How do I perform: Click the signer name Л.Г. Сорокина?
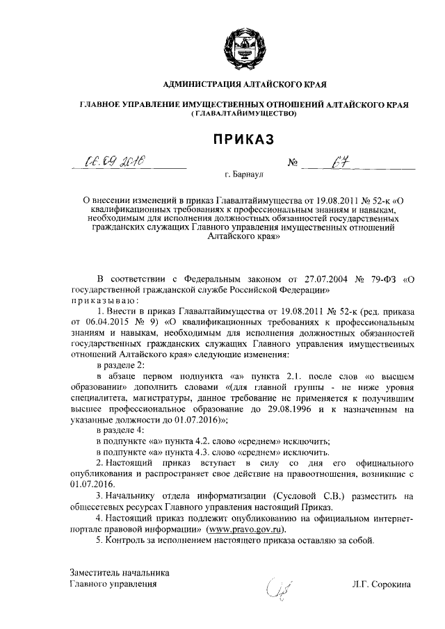point(382,585)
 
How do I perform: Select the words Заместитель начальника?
point(120,573)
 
